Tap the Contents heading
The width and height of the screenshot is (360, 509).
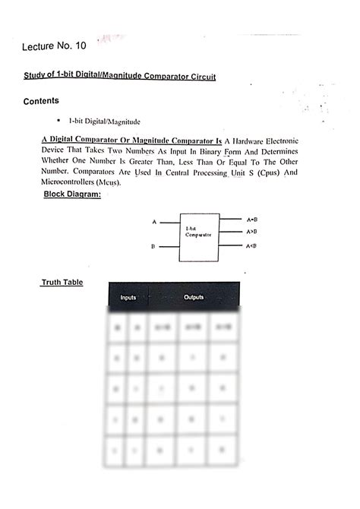[42, 101]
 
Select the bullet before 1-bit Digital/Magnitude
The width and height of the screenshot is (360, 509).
[58, 121]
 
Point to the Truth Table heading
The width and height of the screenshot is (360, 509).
[62, 283]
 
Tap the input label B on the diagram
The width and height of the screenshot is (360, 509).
[153, 247]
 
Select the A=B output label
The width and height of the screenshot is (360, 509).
[252, 219]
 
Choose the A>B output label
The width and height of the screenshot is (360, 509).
[252, 231]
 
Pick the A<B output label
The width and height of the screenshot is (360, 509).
[252, 246]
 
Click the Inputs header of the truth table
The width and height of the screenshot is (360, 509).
[128, 297]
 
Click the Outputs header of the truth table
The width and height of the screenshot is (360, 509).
[194, 297]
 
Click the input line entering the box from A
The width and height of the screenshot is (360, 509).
[169, 223]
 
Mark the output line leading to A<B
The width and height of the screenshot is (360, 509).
[229, 246]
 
